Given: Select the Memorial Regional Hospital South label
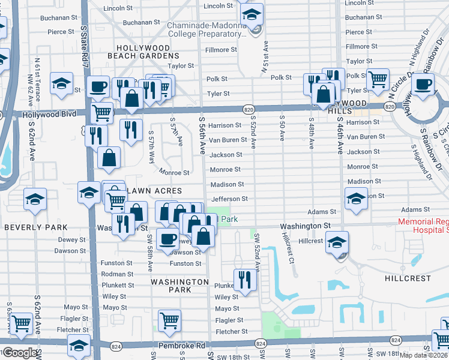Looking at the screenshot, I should tap(423, 226).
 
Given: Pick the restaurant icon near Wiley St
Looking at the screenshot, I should tap(245, 280).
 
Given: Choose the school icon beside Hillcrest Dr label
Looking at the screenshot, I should tap(337, 242).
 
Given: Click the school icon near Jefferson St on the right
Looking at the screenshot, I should tap(355, 198).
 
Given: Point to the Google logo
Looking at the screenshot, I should tap(20, 353).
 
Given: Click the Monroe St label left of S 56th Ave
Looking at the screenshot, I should tap(174, 173).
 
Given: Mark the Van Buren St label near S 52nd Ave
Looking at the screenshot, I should tap(228, 140).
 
